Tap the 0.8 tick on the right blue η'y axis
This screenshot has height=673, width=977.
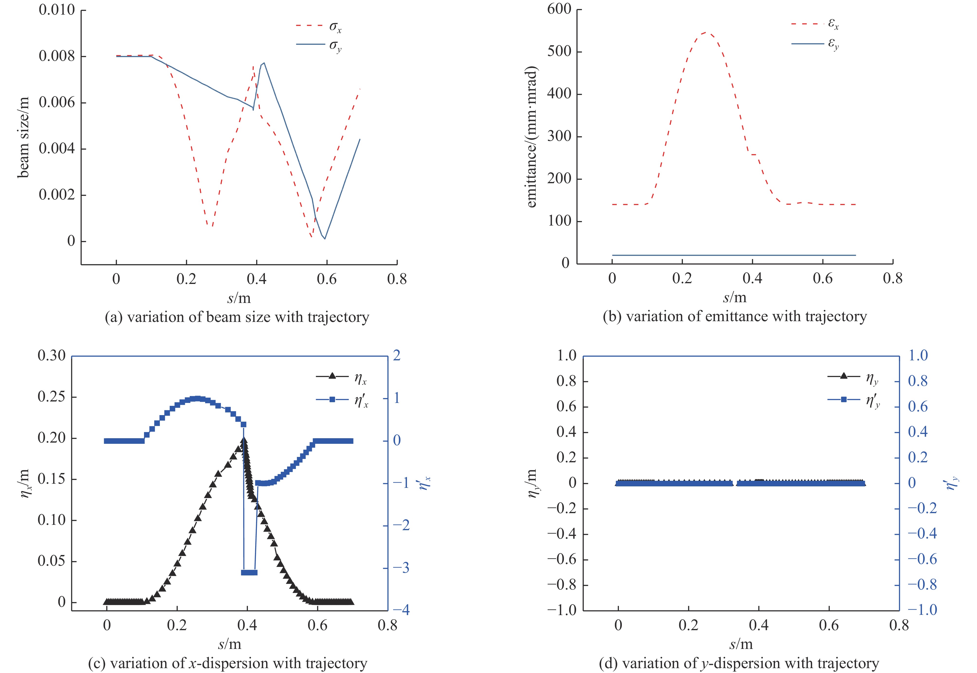(x=918, y=381)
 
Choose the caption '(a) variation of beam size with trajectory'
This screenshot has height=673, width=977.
(x=237, y=317)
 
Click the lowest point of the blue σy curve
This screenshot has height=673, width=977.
(x=325, y=239)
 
